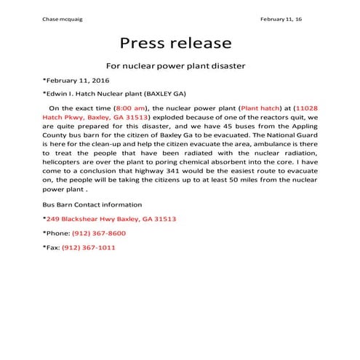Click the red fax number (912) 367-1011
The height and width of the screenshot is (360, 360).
tap(89, 247)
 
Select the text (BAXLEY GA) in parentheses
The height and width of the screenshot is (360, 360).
tap(165, 92)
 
